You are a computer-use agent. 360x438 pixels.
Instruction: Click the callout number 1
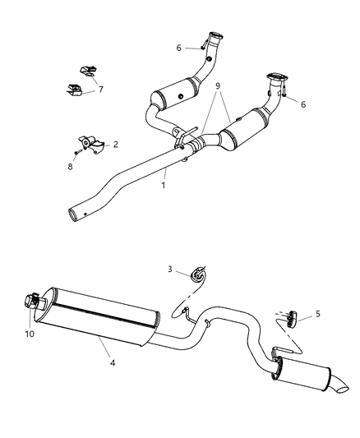pyautogui.click(x=164, y=186)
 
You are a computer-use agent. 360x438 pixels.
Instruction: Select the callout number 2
pyautogui.click(x=115, y=144)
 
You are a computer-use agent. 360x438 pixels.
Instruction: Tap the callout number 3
pyautogui.click(x=171, y=269)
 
